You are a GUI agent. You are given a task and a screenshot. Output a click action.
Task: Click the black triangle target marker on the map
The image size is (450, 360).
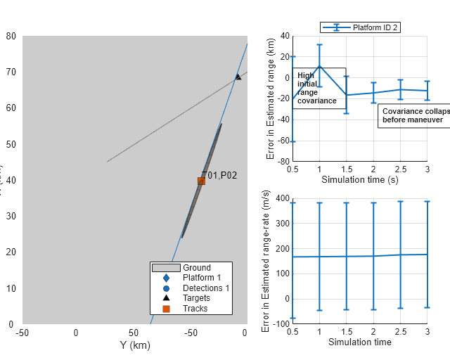(238, 77)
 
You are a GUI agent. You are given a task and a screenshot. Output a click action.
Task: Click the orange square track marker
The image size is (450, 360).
(201, 181)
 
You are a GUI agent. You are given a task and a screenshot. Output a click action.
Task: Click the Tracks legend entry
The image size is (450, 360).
(194, 308)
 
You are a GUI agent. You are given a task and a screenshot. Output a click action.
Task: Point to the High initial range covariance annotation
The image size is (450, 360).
(318, 88)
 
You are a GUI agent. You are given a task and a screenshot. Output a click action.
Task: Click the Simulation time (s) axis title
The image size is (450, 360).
(359, 180)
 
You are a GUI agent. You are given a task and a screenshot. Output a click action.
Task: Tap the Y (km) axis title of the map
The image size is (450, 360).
(136, 345)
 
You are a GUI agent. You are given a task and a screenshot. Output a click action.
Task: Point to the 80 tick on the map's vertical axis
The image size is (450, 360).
(11, 36)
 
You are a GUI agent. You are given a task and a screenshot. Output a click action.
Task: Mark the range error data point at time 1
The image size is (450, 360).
(319, 66)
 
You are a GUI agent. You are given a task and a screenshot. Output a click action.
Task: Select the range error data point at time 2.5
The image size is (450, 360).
(400, 89)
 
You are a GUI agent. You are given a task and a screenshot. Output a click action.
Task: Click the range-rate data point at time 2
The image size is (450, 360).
(373, 256)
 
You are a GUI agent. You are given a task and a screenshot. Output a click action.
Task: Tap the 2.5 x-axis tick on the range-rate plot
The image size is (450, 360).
(400, 331)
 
